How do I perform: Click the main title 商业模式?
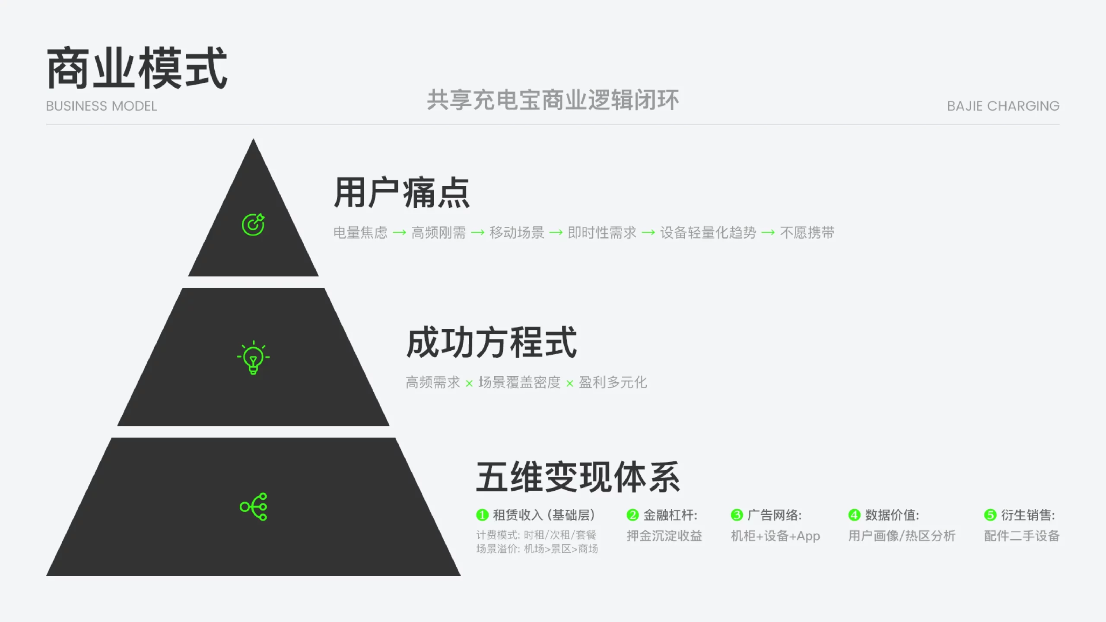pos(137,68)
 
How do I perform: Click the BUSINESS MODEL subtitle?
pos(101,106)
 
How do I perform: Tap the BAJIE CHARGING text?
pos(1003,106)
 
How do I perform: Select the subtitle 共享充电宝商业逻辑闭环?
pos(553,100)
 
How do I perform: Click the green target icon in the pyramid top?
pos(253,225)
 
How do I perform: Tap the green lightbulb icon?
pos(253,357)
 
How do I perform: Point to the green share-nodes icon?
pos(254,507)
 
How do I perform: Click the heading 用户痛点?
pos(402,193)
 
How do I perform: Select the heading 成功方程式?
pos(492,343)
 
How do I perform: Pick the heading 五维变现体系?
pos(578,477)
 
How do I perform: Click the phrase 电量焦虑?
pos(360,233)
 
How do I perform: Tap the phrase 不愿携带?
pos(807,233)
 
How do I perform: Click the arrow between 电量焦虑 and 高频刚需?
pos(400,233)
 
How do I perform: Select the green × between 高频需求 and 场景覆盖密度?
pos(469,383)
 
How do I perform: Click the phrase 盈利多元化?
pos(613,382)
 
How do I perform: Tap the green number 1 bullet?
pos(482,515)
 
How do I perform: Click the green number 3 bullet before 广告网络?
pos(737,515)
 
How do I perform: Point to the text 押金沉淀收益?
pos(664,536)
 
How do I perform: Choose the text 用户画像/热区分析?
pos(902,536)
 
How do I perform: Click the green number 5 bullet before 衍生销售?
pos(990,515)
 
